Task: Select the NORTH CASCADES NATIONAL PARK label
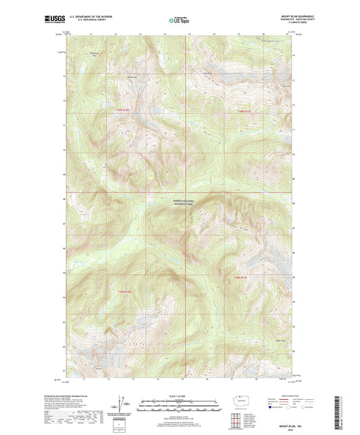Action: click(x=183, y=203)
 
